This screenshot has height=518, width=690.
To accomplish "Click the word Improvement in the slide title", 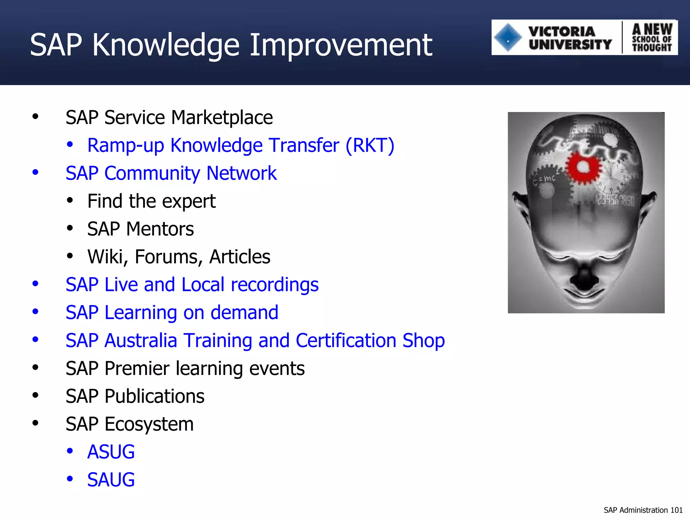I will point(341,45).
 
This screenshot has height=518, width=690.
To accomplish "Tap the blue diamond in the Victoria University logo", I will point(508,37).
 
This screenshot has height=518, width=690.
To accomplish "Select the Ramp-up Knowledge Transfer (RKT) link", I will point(241,146).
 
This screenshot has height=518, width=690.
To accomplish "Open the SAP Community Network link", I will point(171,173).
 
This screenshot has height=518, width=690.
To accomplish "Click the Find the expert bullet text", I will point(151,201).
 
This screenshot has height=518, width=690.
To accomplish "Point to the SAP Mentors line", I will point(140,229).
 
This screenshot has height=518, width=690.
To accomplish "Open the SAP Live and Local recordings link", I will point(192,285).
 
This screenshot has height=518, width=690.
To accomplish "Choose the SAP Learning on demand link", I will point(172,313).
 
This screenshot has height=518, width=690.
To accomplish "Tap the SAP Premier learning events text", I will point(185,368).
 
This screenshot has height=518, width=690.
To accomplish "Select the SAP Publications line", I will point(135,396).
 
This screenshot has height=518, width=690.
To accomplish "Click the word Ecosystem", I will point(149,424).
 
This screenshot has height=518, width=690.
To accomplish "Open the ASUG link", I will point(111,452).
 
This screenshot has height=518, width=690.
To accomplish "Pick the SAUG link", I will point(111,480).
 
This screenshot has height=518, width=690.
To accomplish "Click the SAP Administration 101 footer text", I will point(643,510).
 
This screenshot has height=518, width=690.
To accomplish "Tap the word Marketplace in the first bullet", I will point(222,118).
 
